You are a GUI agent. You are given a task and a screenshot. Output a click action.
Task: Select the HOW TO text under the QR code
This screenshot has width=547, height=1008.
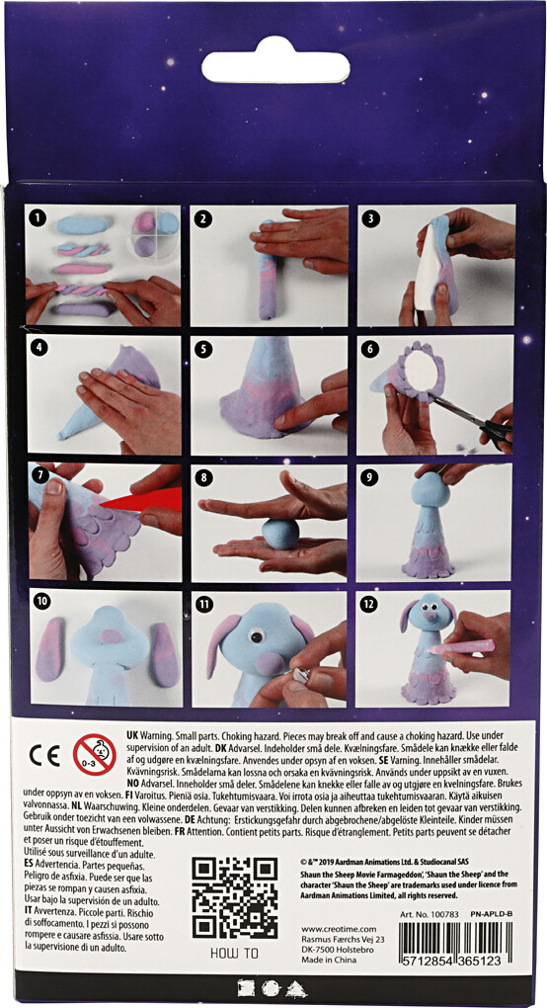[x=233, y=953]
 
